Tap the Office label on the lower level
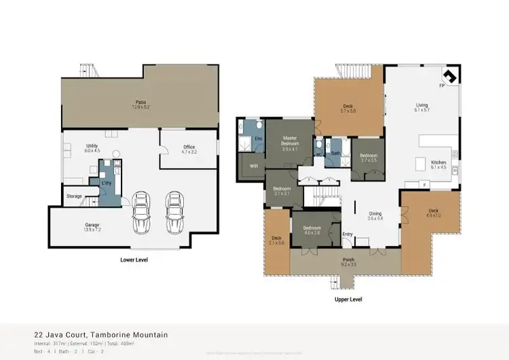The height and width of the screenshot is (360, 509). point(189,147)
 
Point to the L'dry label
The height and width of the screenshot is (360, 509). point(107,183)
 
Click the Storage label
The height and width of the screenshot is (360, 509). point(74,196)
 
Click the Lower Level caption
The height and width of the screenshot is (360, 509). point(134,259)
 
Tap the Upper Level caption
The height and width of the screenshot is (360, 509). point(348,299)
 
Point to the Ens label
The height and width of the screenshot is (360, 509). point(257,139)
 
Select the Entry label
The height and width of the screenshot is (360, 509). point(347,234)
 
